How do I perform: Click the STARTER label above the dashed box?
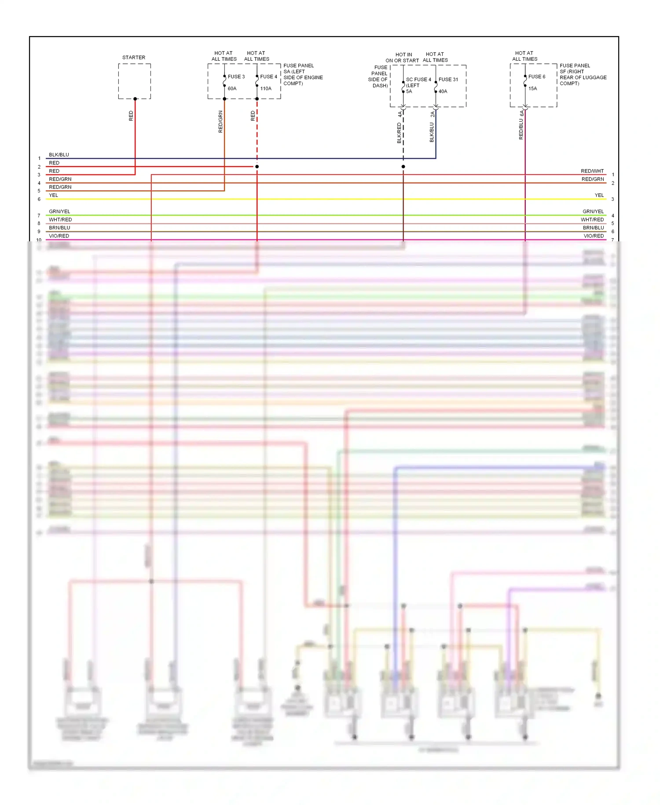pyautogui.click(x=134, y=58)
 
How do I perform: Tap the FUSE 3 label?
pyautogui.click(x=236, y=77)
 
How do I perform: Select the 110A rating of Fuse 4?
pyautogui.click(x=266, y=89)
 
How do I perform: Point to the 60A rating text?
pyautogui.click(x=232, y=89)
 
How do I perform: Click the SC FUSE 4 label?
pyautogui.click(x=418, y=80)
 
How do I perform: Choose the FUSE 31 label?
pyautogui.click(x=448, y=80)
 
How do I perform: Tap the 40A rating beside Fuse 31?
pyautogui.click(x=443, y=92)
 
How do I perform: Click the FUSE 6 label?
pyautogui.click(x=537, y=77)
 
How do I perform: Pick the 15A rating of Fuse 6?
pyautogui.click(x=532, y=89)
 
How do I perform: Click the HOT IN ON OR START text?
pyautogui.click(x=403, y=58)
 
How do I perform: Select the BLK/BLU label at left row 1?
pyautogui.click(x=59, y=155)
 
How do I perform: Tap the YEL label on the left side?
pyautogui.click(x=53, y=196)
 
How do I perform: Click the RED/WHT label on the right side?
pyautogui.click(x=592, y=171)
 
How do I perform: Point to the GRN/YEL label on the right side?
pyautogui.click(x=593, y=212)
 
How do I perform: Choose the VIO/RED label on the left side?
pyautogui.click(x=59, y=236)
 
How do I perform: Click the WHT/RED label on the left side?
pyautogui.click(x=60, y=220)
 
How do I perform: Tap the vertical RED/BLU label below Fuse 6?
pyautogui.click(x=521, y=129)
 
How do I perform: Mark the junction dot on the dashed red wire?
pyautogui.click(x=257, y=166)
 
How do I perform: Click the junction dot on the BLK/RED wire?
pyautogui.click(x=403, y=166)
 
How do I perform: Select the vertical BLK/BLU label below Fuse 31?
pyautogui.click(x=432, y=132)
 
